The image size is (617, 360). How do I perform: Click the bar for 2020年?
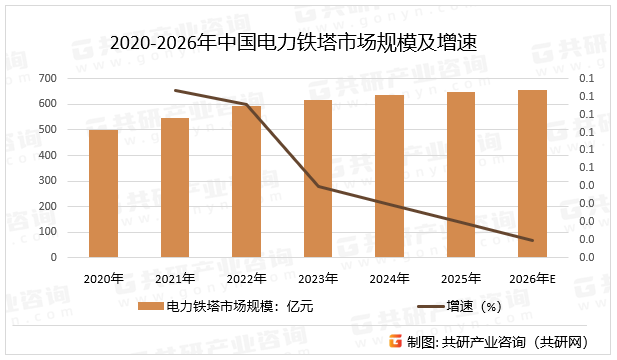pos(104,194)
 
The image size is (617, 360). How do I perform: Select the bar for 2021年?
pos(175,188)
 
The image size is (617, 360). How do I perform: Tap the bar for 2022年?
pos(247,182)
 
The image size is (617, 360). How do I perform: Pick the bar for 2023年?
pos(318,179)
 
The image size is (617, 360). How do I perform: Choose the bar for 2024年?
pos(389,176)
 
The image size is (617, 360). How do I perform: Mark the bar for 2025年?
pos(461,175)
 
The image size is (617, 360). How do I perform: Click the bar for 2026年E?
pos(532,174)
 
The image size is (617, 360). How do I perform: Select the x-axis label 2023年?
pos(318,278)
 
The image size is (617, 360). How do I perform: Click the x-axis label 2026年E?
pos(532,278)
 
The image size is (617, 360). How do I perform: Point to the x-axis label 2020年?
pos(104,278)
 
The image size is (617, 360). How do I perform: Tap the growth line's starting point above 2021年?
pos(176,90)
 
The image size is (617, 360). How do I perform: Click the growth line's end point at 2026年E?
pos(532,240)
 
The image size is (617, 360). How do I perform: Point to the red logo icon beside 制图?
pos(396,342)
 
